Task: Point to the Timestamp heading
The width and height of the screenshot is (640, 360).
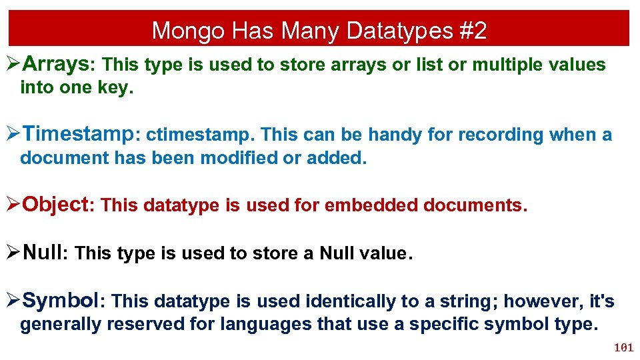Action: tap(79, 134)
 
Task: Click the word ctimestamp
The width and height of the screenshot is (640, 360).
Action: tap(200, 135)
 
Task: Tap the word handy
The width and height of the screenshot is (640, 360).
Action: tap(395, 135)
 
